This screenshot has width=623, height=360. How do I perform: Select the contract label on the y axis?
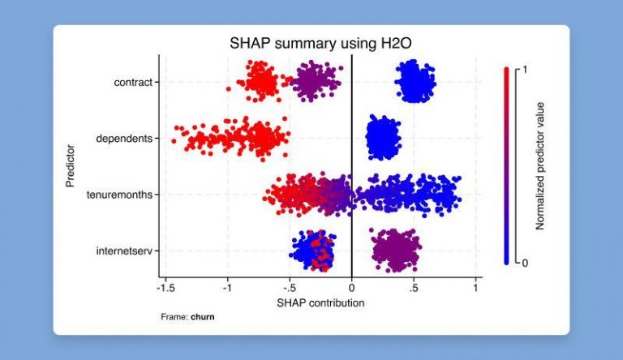coord(133,82)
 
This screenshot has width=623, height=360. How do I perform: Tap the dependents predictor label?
coord(124,138)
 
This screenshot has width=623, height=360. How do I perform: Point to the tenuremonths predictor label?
coord(119,195)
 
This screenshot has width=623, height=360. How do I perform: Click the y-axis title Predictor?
coord(71,166)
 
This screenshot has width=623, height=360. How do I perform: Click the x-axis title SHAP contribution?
coord(320,303)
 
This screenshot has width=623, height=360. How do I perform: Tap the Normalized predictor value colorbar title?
coord(540,166)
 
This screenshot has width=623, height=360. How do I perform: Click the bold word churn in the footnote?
coord(203,316)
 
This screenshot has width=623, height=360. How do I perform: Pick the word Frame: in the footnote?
coord(174,316)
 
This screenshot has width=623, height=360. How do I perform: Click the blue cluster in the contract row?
coord(415,82)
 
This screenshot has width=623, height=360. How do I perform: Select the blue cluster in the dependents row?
coord(382,138)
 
